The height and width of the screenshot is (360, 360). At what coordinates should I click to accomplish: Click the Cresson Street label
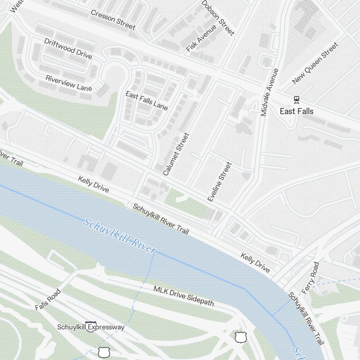(x=113, y=20)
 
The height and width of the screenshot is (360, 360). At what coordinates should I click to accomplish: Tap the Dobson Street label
(x=218, y=18)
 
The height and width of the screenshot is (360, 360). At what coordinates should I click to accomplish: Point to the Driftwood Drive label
(x=68, y=48)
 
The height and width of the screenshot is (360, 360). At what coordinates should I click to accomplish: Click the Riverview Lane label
(x=69, y=83)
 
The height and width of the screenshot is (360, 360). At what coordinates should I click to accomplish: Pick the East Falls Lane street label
(x=147, y=100)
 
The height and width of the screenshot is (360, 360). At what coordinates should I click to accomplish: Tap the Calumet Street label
(x=176, y=154)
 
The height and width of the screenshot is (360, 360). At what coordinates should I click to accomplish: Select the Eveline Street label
(x=219, y=181)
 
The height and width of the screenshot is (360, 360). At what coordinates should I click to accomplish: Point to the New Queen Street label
(x=315, y=63)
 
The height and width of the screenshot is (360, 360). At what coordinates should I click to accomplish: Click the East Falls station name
(x=297, y=111)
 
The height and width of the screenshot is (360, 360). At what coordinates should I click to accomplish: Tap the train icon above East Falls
(x=297, y=99)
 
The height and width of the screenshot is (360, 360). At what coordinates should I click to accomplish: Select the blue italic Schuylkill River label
(x=120, y=237)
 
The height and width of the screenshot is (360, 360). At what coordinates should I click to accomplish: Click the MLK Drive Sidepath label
(x=184, y=296)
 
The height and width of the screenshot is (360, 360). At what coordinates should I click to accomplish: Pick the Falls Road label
(x=48, y=300)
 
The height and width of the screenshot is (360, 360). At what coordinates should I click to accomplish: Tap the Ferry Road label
(x=311, y=278)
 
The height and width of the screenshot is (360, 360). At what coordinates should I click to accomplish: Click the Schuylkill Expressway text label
(x=91, y=327)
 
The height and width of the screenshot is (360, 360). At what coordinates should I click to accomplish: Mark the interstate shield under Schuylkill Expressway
(x=91, y=327)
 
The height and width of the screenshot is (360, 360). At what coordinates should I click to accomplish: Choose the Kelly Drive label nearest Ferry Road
(x=255, y=262)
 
